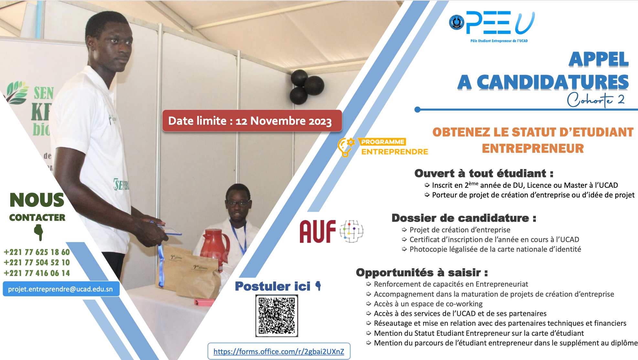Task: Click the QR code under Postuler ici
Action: (277, 316)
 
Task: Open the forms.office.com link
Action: (279, 351)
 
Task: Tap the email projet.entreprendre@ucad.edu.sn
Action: (60, 289)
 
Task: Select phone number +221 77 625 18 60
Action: (37, 252)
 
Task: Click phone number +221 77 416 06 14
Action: (37, 273)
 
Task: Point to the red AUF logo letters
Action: (318, 231)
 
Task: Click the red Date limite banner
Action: (252, 121)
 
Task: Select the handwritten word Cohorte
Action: (590, 99)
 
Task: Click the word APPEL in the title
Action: (599, 59)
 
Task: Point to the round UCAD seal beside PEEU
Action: (457, 22)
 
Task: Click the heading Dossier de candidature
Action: (464, 218)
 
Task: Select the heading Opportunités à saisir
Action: (422, 272)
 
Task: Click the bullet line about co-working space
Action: (424, 304)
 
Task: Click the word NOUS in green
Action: (37, 200)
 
